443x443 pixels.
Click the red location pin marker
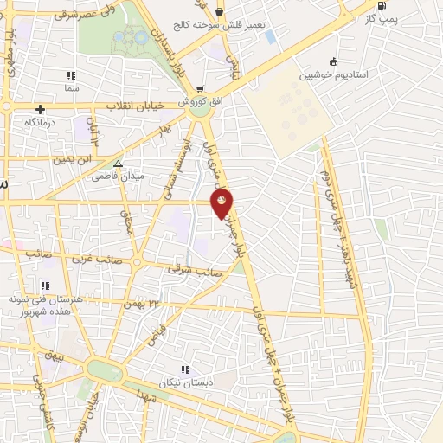(x=223, y=203)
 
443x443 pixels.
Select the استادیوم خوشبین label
(x=334, y=76)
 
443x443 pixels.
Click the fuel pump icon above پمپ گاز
(x=382, y=8)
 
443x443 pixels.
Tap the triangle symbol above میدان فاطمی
(x=119, y=163)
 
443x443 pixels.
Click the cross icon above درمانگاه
(x=40, y=109)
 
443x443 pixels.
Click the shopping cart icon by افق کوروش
(x=200, y=88)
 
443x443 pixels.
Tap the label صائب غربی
(x=95, y=258)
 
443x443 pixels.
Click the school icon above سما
(x=70, y=75)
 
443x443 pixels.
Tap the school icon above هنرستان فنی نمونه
(x=45, y=286)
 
